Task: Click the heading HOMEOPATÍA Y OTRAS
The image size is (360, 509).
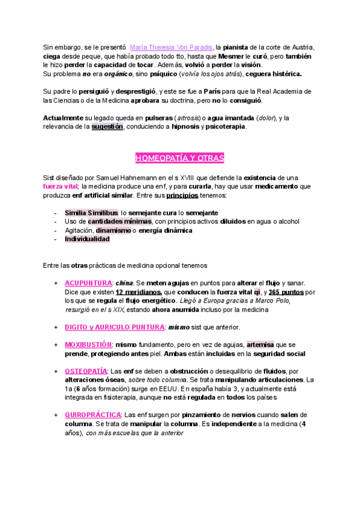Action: pyautogui.click(x=179, y=158)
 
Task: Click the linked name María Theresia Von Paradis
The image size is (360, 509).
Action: pyautogui.click(x=171, y=47)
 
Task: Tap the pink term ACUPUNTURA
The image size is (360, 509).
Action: pyautogui.click(x=88, y=283)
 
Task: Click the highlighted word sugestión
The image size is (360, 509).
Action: pyautogui.click(x=107, y=127)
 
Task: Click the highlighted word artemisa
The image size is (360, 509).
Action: pyautogui.click(x=260, y=345)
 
